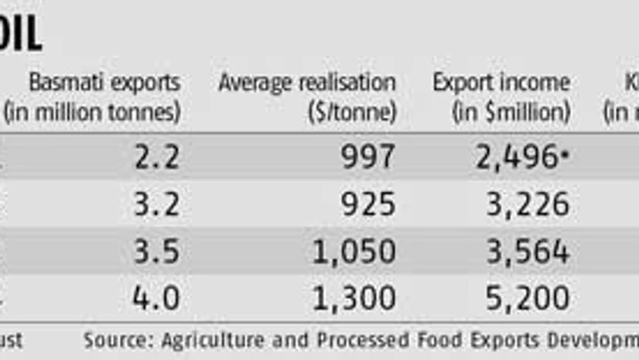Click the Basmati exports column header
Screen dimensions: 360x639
pyautogui.click(x=104, y=83)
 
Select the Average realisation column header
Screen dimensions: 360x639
pyautogui.click(x=306, y=83)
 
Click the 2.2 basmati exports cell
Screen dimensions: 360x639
pyautogui.click(x=157, y=157)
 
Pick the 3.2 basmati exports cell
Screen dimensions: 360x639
pyautogui.click(x=157, y=204)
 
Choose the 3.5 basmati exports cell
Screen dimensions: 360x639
pyautogui.click(x=157, y=252)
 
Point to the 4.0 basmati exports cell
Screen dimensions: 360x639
pyautogui.click(x=157, y=297)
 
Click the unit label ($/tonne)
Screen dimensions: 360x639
pyautogui.click(x=351, y=112)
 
